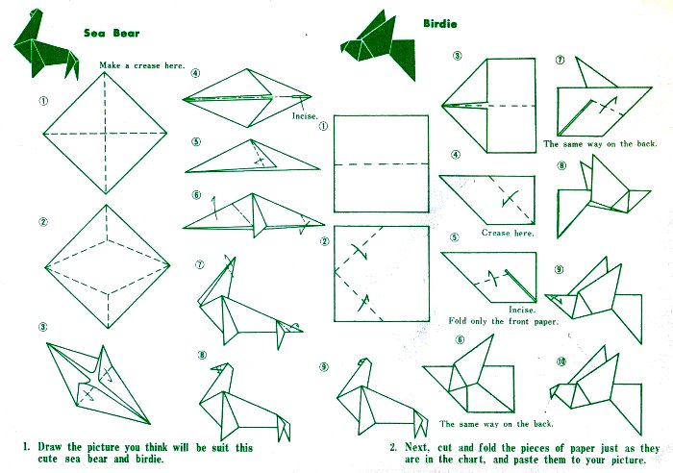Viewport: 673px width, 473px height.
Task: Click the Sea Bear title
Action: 112,33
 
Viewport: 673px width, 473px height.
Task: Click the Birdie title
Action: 440,24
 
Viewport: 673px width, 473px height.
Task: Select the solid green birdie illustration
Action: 378,45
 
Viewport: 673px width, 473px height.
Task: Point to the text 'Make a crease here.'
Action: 142,65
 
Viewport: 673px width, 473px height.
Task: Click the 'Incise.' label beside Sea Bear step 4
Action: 305,116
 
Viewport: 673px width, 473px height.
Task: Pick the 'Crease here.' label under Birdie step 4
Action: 508,233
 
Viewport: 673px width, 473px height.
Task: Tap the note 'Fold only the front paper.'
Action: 504,321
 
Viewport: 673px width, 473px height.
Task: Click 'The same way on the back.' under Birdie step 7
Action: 600,144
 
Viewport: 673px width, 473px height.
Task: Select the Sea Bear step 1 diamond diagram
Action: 105,133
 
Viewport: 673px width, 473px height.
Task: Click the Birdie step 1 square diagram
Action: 381,163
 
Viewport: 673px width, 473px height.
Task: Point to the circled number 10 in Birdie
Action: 561,361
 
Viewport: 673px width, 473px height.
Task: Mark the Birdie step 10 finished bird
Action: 597,390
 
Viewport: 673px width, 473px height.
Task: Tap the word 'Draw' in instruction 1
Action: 50,447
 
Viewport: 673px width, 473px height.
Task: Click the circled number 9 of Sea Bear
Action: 324,367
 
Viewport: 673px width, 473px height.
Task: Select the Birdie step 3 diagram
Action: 489,105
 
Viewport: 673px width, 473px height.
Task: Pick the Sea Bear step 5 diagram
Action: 252,157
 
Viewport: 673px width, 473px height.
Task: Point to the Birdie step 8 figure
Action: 603,195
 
